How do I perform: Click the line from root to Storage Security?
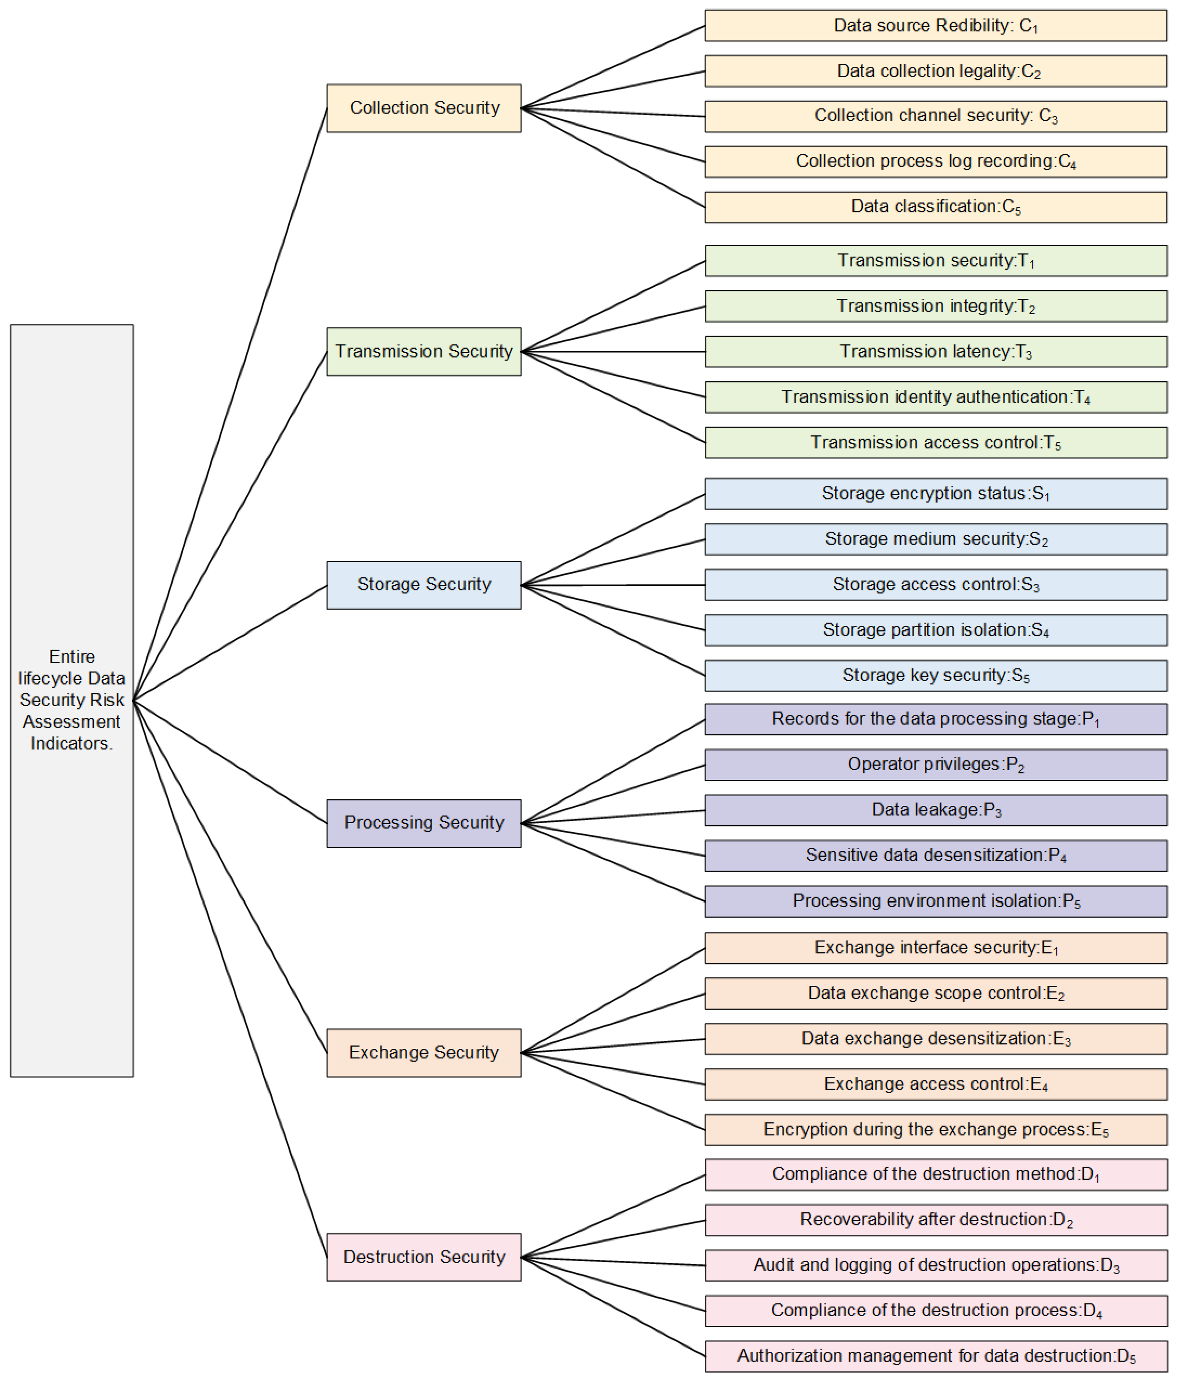pos(230,642)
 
